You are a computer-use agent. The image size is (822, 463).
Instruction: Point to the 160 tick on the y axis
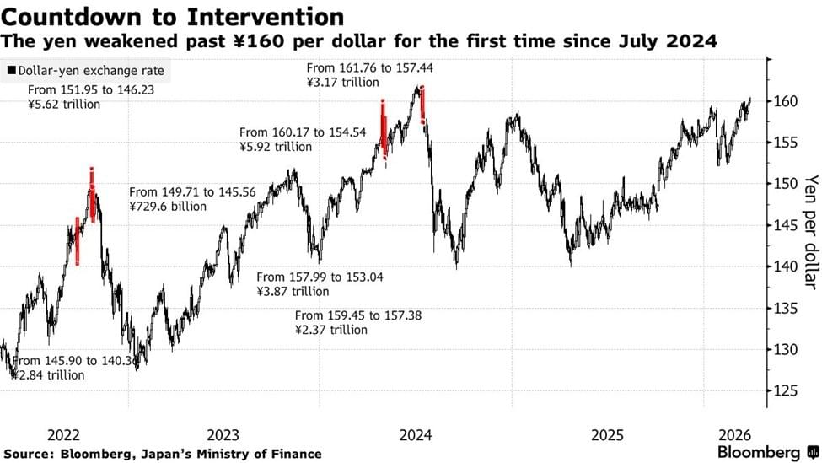[x=786, y=101]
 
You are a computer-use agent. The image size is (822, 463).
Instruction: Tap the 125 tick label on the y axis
[x=786, y=391]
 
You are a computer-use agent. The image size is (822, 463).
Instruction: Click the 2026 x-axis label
[x=735, y=435]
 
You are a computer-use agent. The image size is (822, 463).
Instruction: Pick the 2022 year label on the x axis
[x=64, y=435]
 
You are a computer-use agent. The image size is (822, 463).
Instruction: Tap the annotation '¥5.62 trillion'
[x=64, y=105]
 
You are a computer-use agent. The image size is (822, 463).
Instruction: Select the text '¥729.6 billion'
[x=167, y=206]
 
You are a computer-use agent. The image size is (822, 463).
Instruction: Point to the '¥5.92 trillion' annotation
[x=276, y=147]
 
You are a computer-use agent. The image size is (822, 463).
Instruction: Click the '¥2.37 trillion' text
[x=331, y=330]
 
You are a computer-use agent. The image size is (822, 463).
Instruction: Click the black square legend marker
[x=11, y=72]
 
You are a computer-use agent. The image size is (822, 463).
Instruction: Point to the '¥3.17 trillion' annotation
[x=341, y=83]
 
